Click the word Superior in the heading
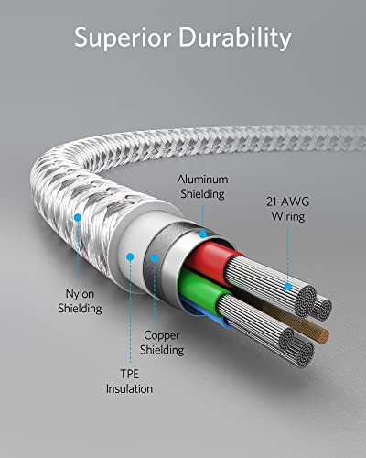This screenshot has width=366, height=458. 123,38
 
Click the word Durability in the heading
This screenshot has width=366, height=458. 235,38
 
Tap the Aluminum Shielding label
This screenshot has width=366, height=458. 202,187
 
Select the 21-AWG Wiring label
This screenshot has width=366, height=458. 288,209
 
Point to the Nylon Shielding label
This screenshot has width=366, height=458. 80,301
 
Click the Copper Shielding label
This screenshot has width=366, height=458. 162,343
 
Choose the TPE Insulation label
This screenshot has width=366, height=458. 129,381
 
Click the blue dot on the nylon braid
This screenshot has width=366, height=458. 78,218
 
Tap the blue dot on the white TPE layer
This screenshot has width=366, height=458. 130,256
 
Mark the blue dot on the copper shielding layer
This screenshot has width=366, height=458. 155,258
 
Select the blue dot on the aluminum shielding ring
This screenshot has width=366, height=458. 203,234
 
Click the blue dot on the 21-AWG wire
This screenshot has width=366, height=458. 287,287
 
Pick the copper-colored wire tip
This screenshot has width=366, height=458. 323,336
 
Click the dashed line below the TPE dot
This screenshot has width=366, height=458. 131,311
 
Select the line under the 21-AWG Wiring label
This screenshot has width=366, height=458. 287,253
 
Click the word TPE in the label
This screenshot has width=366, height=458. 129,374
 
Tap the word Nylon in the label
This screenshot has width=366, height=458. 80,294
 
